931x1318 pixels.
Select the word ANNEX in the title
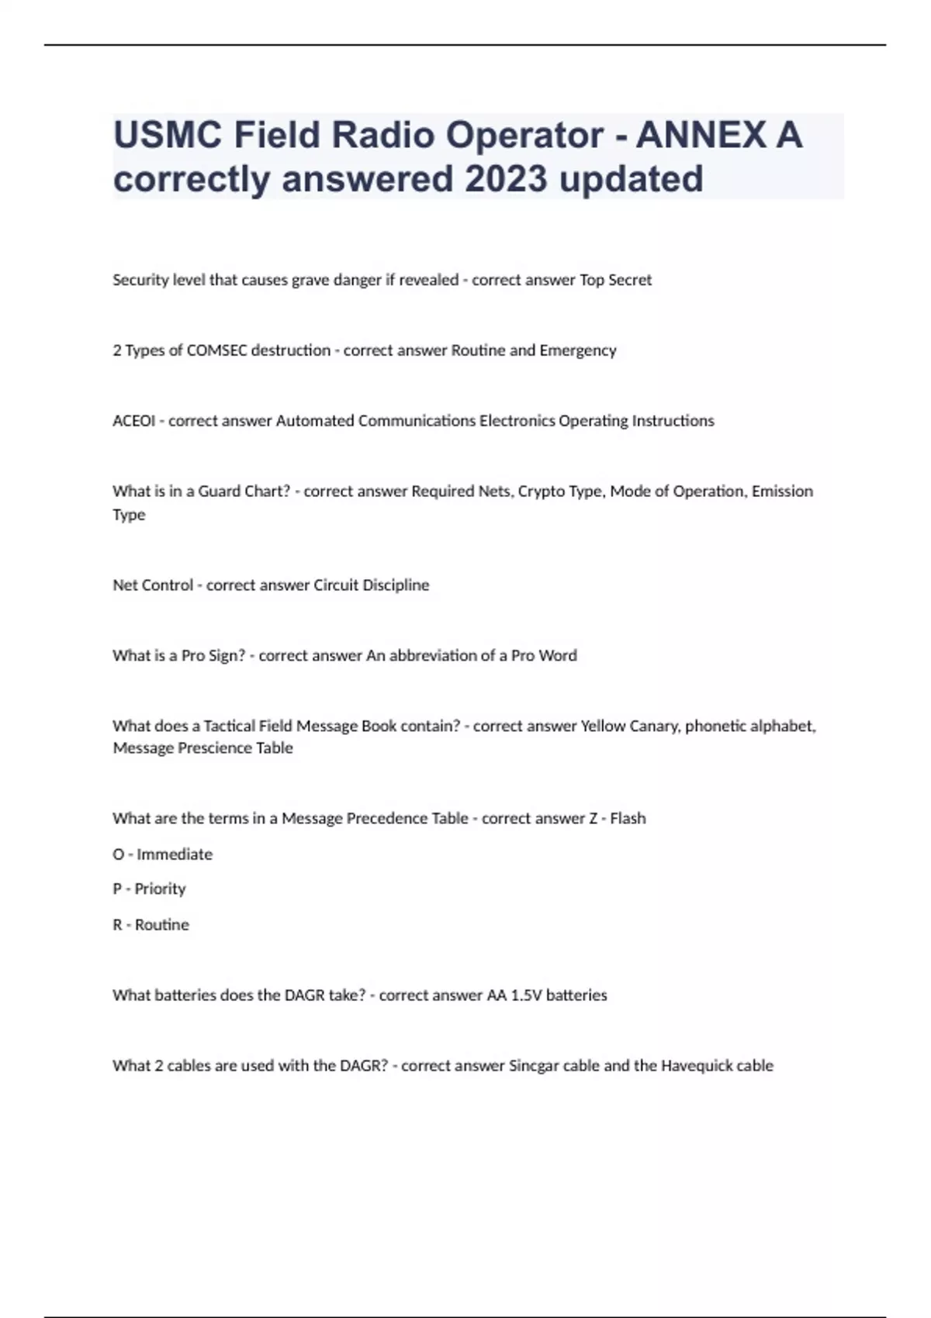click(701, 135)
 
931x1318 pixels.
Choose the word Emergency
click(578, 350)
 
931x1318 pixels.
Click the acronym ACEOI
click(133, 421)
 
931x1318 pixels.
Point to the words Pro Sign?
click(213, 656)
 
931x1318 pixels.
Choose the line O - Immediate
click(162, 854)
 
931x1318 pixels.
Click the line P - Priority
click(149, 889)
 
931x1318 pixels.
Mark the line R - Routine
click(151, 925)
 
